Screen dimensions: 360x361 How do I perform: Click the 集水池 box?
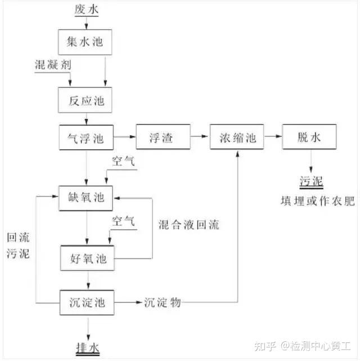click(x=85, y=42)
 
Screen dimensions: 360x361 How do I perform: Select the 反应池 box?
click(x=85, y=100)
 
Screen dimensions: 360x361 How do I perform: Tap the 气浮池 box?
click(x=86, y=137)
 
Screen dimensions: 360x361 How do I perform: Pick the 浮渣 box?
click(x=163, y=137)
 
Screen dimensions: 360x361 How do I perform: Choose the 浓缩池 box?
click(x=237, y=137)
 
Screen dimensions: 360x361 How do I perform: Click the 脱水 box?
click(x=309, y=137)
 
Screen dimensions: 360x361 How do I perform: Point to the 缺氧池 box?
click(x=85, y=198)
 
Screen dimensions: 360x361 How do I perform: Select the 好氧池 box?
click(x=87, y=258)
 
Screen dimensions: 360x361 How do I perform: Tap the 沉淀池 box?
click(x=87, y=302)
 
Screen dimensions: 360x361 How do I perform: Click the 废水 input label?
click(x=87, y=10)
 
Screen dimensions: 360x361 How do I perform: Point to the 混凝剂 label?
click(x=53, y=65)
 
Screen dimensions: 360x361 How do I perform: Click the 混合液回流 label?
click(x=189, y=225)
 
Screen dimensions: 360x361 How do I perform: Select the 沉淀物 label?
click(x=163, y=302)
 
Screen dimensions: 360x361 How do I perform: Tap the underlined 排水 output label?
click(x=88, y=349)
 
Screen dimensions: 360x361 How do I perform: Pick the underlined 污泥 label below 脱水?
click(x=311, y=181)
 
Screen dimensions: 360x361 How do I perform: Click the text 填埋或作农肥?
click(x=318, y=201)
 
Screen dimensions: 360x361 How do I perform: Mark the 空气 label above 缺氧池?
click(x=123, y=161)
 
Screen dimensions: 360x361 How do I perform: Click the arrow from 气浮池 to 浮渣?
click(x=125, y=137)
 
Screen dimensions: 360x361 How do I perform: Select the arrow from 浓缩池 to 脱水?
click(x=273, y=136)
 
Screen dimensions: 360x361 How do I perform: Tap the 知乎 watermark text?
click(x=265, y=346)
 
